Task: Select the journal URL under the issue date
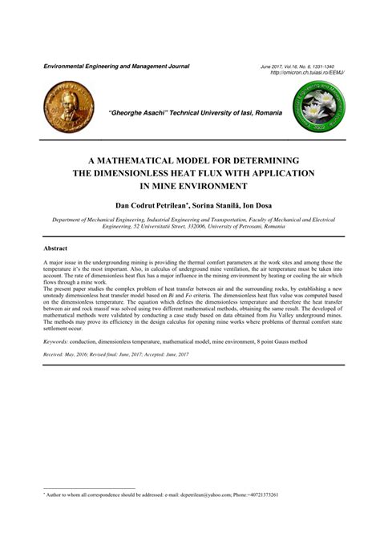click(309, 72)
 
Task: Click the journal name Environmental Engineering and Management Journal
click(116, 66)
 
